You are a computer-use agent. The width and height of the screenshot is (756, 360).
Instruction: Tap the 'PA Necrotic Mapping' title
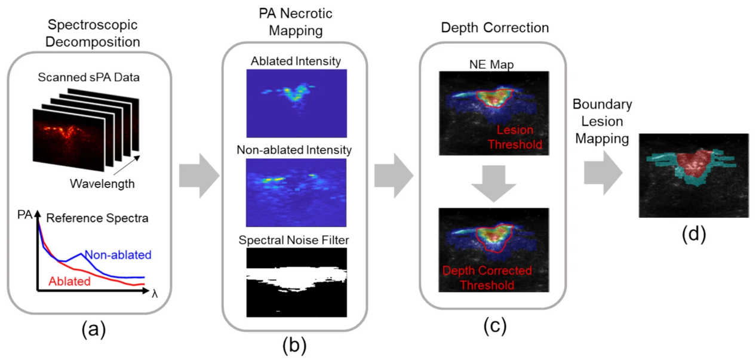294,21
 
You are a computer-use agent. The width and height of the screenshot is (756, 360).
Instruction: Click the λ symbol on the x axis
154,294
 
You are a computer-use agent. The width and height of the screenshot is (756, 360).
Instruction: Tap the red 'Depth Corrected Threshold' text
487,278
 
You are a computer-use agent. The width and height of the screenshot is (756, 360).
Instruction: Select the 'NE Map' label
493,64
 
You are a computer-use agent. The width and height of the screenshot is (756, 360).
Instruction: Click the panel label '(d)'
693,234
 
